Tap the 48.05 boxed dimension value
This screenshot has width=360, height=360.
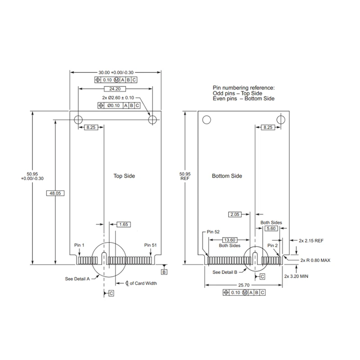coord(54,193)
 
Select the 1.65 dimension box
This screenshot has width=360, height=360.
coord(123,224)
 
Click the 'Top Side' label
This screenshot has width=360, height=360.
coord(124,176)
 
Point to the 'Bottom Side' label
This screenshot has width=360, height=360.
coord(227,176)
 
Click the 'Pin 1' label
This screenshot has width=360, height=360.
coord(79,245)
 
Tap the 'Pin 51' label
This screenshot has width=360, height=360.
coord(150,245)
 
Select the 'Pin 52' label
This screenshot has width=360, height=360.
coord(213,231)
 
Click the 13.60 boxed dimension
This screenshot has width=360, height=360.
coord(230,240)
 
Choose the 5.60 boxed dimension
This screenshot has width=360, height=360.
coord(271,229)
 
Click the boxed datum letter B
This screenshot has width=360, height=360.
coord(164,272)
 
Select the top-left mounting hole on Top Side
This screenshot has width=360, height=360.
coord(78,119)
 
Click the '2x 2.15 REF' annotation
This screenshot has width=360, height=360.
coord(311,241)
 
